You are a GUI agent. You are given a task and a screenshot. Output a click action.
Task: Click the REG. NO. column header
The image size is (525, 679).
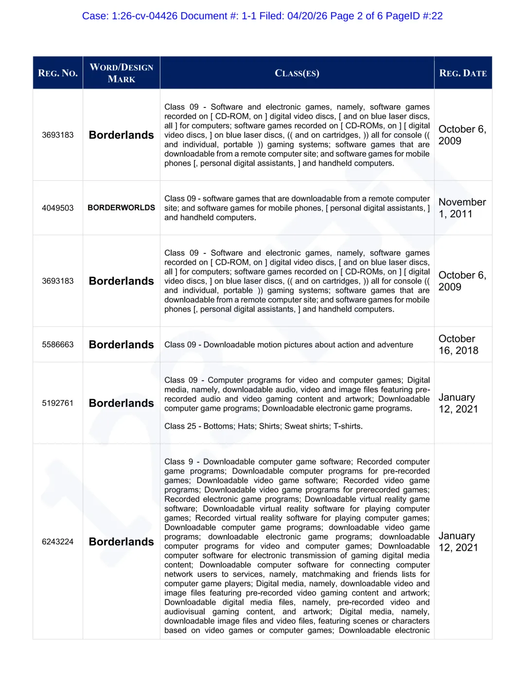[58, 73]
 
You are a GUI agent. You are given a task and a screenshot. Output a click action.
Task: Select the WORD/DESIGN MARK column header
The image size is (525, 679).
[122, 73]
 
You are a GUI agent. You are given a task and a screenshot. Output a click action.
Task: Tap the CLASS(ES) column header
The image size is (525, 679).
[297, 73]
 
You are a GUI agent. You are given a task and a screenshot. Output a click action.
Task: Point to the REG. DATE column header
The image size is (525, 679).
[463, 73]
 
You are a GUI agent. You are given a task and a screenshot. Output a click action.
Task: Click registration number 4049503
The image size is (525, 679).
[58, 208]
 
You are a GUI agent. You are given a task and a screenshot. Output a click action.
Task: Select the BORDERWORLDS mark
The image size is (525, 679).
[122, 208]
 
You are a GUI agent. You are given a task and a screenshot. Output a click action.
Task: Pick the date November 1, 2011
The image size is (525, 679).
[462, 208]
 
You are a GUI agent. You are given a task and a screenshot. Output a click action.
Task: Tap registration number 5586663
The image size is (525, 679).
[58, 345]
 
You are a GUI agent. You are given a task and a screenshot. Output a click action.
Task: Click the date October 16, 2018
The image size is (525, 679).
[458, 345]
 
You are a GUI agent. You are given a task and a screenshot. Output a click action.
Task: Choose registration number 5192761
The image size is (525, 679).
[58, 403]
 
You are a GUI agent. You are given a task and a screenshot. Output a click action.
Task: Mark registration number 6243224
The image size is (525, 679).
[58, 541]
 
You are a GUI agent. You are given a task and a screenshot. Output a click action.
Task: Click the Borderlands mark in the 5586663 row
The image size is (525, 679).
[122, 345]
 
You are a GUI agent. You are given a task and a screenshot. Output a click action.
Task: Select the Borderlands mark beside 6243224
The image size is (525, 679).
[122, 541]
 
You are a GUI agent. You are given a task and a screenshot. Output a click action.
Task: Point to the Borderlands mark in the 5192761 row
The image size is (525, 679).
[122, 403]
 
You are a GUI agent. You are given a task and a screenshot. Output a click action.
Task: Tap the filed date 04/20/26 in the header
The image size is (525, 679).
[307, 16]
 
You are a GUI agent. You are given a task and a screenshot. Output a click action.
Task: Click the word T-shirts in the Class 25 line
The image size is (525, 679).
[348, 426]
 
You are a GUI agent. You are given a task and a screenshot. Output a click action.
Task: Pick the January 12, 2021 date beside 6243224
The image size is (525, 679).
[458, 541]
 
